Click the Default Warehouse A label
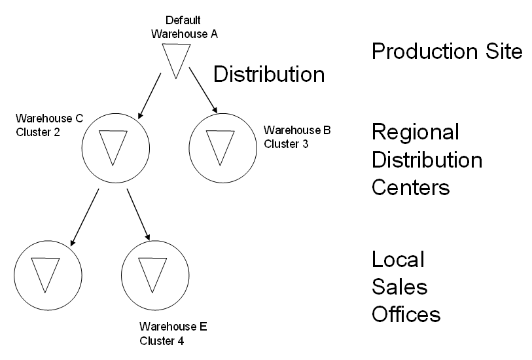[x=184, y=27]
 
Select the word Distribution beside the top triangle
[x=269, y=75]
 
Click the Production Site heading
[x=447, y=52]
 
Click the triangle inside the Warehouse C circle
[x=114, y=146]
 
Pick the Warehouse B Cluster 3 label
[x=296, y=137]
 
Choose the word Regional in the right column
[x=415, y=133]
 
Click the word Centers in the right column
[x=410, y=188]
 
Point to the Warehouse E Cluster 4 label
[x=173, y=333]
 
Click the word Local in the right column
[x=399, y=259]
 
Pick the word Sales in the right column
[x=399, y=287]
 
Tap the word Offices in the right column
[x=406, y=314]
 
